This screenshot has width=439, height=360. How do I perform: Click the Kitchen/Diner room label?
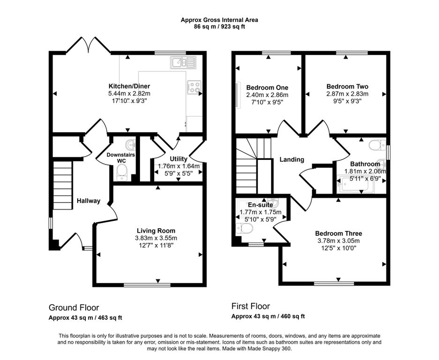[x=129, y=86]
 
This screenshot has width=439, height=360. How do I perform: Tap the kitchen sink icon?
[x=183, y=62]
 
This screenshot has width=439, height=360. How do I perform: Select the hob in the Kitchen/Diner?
[x=194, y=87]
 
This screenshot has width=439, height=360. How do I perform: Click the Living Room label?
[x=156, y=231]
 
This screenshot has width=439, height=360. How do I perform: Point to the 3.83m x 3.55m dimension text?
[x=156, y=238]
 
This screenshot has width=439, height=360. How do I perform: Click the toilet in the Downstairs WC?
[x=122, y=172]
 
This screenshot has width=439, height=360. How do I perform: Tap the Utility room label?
[x=179, y=159]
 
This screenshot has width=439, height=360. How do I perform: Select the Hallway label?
[x=89, y=201]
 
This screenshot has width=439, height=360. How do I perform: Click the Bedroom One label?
[x=267, y=87]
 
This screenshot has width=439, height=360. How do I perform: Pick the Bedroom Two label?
[x=347, y=86]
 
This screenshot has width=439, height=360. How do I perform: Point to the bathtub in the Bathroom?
[x=356, y=184]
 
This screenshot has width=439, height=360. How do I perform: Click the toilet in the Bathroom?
[x=377, y=145]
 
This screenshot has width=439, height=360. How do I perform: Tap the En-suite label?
[x=260, y=205]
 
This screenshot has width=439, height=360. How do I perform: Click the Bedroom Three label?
[x=338, y=233]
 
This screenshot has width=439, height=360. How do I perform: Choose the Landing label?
[x=292, y=159]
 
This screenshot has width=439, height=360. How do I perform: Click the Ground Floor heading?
[x=74, y=307]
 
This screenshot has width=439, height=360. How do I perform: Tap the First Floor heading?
[x=251, y=306]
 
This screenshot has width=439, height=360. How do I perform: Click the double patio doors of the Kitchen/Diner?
[x=89, y=45]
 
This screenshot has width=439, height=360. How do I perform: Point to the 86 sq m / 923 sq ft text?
[x=219, y=27]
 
